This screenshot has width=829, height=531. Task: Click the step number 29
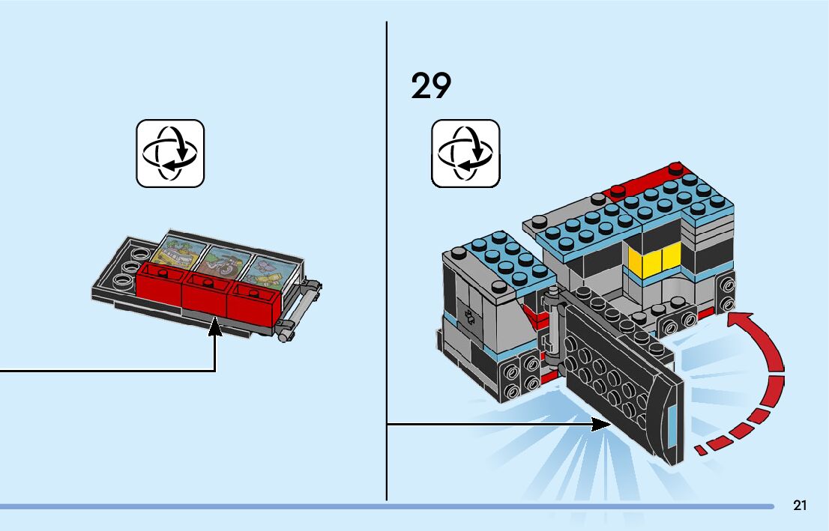[x=431, y=87]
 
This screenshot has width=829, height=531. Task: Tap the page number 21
[x=800, y=506]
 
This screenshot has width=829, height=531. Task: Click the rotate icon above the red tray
[x=170, y=153]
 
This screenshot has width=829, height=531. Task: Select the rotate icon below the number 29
[x=465, y=153]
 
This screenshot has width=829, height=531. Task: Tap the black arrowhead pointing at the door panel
[x=603, y=425]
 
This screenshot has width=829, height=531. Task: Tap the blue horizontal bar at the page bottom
[x=375, y=506]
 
